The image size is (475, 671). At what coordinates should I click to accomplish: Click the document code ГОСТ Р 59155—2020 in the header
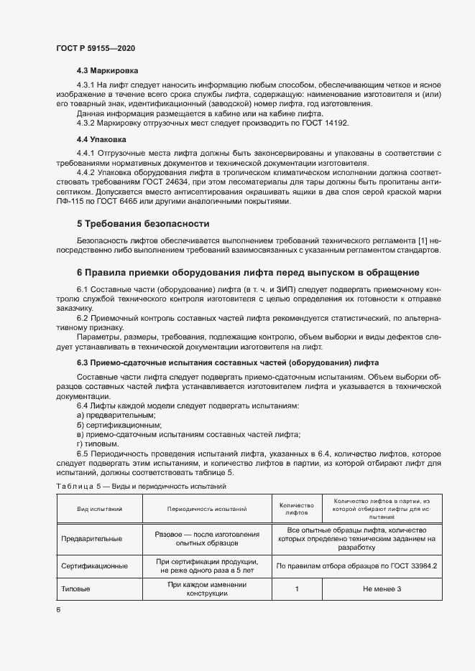95,48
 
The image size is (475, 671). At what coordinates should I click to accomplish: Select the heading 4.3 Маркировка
107,71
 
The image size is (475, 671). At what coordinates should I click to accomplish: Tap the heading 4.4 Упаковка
101,139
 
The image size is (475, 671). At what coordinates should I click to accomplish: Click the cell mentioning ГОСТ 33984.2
356,566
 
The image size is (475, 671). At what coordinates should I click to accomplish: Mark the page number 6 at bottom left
58,609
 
